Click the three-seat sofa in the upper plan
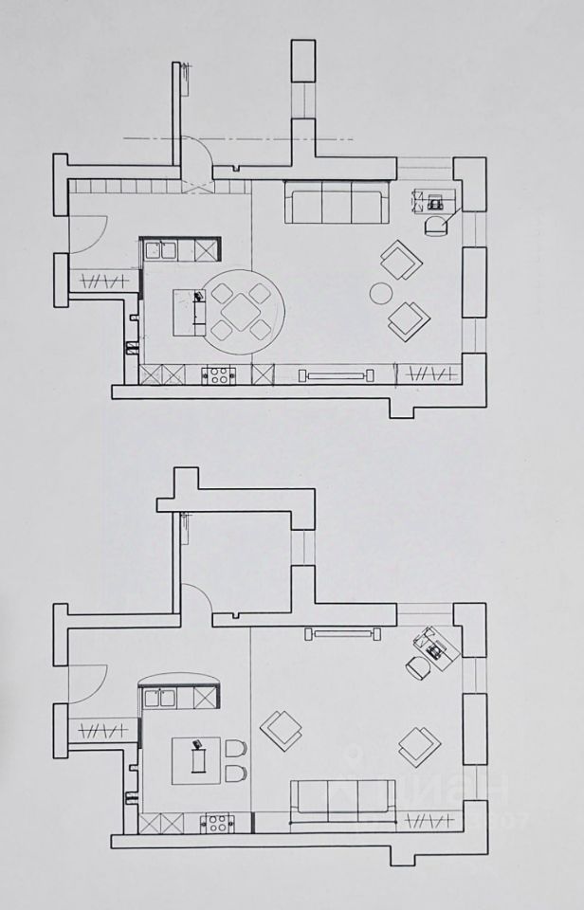(336, 203)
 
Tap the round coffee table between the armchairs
(380, 292)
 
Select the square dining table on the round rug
(241, 309)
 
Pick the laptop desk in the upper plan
(435, 200)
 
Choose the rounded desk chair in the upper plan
(436, 225)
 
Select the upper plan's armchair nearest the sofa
(400, 259)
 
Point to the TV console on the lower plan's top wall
(341, 632)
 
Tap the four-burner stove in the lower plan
(218, 823)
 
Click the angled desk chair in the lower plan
(418, 666)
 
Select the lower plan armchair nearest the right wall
(418, 744)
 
